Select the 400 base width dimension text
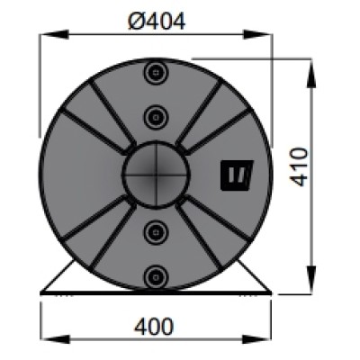click(x=156, y=325)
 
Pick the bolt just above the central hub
click(x=157, y=114)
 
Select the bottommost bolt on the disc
click(x=157, y=274)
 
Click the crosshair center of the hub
click(x=157, y=173)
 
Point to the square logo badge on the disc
click(x=236, y=175)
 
